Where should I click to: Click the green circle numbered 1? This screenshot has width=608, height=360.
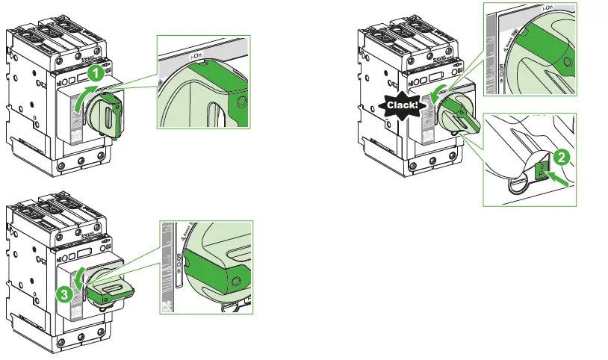(x=94, y=73)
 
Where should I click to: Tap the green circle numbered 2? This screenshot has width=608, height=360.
(x=565, y=158)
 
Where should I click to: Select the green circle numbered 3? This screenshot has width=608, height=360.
(x=66, y=294)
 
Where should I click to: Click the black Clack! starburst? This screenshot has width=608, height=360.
(x=402, y=108)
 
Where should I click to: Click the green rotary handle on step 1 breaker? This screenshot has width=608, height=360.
(x=111, y=117)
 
